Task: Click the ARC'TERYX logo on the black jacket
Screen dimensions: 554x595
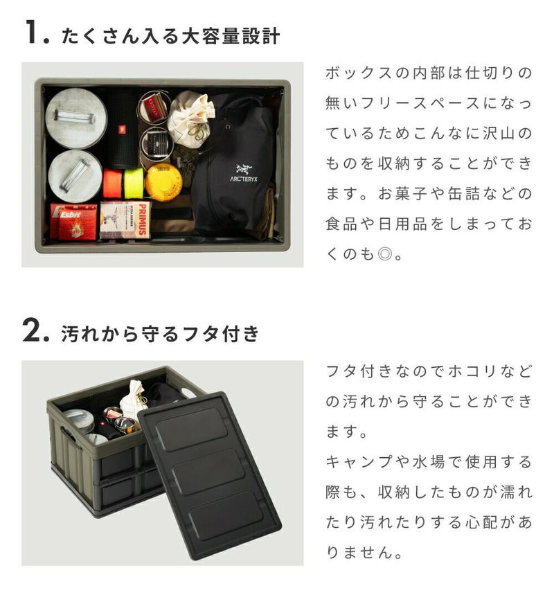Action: [x=243, y=173]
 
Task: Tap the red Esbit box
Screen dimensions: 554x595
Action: [x=73, y=222]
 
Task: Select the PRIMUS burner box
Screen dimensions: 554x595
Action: [x=125, y=220]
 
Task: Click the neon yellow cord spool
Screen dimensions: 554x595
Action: [x=134, y=184]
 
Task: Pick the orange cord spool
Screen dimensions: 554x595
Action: [x=113, y=184]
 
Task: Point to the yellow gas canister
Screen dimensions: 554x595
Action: [x=164, y=183]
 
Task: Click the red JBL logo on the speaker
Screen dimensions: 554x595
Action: [x=122, y=130]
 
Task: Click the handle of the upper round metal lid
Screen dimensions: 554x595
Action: [x=74, y=117]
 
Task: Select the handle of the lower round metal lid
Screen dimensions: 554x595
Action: [x=75, y=175]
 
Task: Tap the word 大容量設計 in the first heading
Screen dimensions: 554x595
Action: [x=231, y=37]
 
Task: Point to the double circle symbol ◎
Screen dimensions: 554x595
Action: [x=385, y=254]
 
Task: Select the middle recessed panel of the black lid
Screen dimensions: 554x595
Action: [x=208, y=472]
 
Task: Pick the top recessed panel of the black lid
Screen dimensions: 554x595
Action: [x=192, y=429]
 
